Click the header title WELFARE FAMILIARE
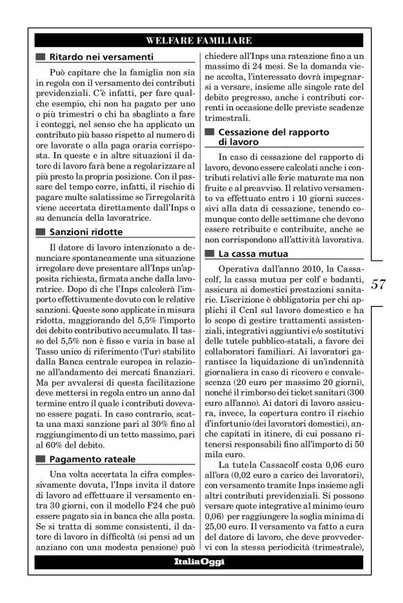(200, 41)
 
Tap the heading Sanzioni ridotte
(87, 230)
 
